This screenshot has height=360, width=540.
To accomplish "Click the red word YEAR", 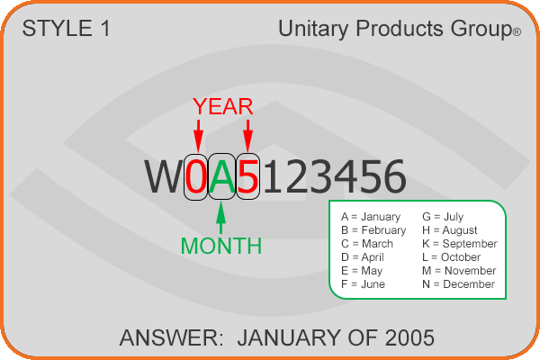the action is click(x=223, y=106).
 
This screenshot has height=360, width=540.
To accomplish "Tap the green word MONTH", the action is click(x=221, y=246).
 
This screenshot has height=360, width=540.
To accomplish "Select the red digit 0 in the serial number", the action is click(x=196, y=176).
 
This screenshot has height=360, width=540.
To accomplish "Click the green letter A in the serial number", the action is click(x=222, y=176).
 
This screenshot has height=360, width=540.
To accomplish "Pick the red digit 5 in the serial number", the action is click(x=248, y=176).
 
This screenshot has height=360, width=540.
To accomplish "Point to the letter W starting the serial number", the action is click(x=164, y=176).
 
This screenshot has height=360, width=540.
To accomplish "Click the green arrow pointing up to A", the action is click(x=221, y=218).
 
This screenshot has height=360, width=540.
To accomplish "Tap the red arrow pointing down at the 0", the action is click(x=198, y=136).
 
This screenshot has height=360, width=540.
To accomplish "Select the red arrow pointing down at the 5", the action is click(x=248, y=136).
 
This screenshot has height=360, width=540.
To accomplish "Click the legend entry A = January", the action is click(x=371, y=217).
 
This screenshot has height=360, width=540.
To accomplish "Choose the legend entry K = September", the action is click(x=459, y=244).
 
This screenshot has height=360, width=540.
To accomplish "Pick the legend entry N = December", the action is click(x=458, y=284).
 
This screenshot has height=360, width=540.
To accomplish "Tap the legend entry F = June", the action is click(x=363, y=284).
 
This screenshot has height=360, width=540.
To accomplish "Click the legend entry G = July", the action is click(x=443, y=217).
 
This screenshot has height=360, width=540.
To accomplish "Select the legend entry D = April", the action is click(x=363, y=257).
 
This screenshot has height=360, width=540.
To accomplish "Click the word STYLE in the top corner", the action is click(x=58, y=28).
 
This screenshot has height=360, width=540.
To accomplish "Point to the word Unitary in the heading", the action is click(x=313, y=29).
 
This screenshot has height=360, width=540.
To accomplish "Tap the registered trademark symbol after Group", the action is click(x=517, y=32).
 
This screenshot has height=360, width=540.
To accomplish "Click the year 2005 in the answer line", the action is click(x=409, y=337).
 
